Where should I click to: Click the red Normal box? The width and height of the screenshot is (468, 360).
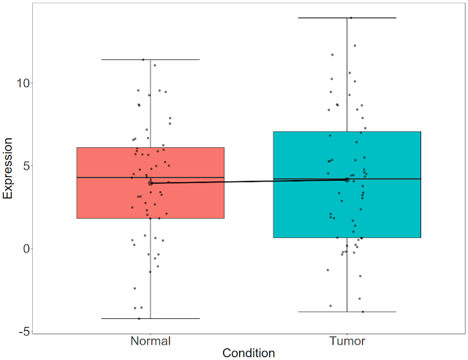(x=110, y=198)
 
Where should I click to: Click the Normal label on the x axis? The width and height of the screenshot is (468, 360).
(x=151, y=341)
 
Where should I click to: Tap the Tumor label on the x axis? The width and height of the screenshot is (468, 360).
(x=347, y=341)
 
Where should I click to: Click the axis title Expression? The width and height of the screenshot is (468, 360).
(x=9, y=166)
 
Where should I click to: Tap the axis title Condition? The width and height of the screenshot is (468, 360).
(x=249, y=353)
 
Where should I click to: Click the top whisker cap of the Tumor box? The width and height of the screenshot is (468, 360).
(x=347, y=18)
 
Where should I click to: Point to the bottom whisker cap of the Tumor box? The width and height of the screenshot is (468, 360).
(x=347, y=312)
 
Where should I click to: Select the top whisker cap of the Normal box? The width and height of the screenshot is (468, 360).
(x=151, y=59)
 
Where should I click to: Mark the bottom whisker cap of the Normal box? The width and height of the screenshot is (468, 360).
(x=151, y=318)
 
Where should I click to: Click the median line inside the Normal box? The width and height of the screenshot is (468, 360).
(x=110, y=177)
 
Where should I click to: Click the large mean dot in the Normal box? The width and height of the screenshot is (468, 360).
(x=151, y=183)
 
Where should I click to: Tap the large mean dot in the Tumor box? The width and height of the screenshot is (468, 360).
(x=347, y=179)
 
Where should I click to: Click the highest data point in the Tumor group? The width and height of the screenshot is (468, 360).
(x=351, y=18)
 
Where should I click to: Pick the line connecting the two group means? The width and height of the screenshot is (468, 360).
(x=249, y=181)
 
